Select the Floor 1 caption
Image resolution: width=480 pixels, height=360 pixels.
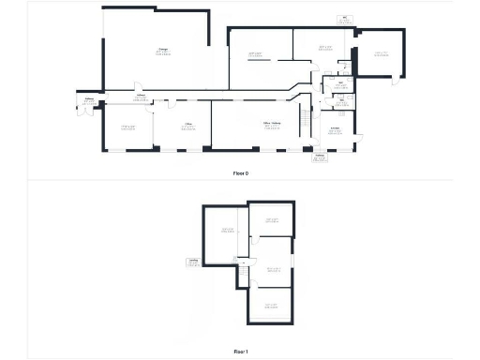(240, 351)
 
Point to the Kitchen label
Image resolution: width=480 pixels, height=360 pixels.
(336, 130)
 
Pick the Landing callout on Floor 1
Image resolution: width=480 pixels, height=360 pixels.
(193, 262)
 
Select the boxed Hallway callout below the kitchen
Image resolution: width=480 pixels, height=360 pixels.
(319, 157)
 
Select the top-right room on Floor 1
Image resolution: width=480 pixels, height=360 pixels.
(273, 220)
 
